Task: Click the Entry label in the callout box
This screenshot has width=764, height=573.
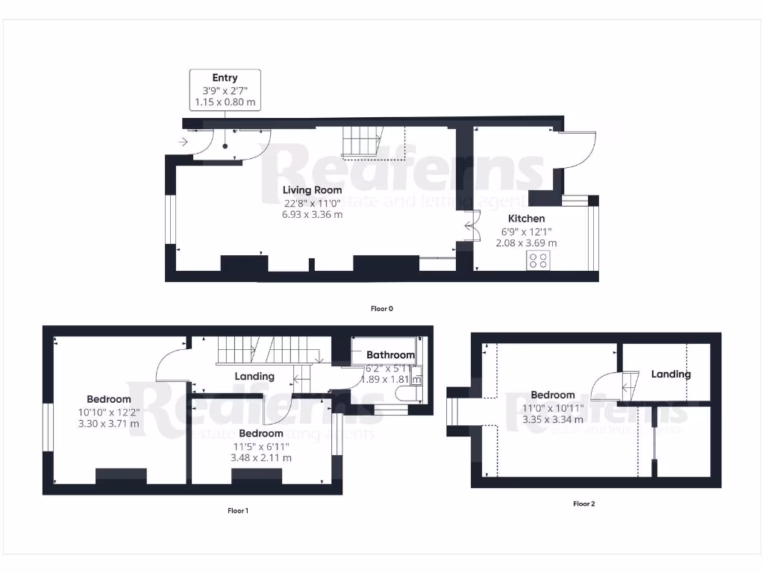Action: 225,78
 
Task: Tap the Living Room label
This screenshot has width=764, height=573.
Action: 312,190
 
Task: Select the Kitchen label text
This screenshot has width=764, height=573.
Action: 526,219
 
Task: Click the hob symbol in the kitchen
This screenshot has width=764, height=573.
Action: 537,260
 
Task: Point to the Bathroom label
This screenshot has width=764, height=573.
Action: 389,355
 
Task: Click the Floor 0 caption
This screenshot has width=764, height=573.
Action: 381,308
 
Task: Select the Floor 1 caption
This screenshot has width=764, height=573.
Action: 237,511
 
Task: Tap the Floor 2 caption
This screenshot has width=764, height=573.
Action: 583,504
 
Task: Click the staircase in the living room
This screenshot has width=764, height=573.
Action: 363,142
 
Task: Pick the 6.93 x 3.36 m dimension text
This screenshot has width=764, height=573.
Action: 312,215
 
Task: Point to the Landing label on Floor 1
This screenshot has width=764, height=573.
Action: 254,377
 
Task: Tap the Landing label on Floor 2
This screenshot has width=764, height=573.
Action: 670,375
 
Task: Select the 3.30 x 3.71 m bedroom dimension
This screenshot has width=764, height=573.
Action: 108,424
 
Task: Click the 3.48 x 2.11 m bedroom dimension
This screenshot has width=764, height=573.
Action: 261,458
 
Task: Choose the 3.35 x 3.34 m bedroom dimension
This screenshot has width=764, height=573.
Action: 553,420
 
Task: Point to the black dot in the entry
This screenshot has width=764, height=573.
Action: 225,146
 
